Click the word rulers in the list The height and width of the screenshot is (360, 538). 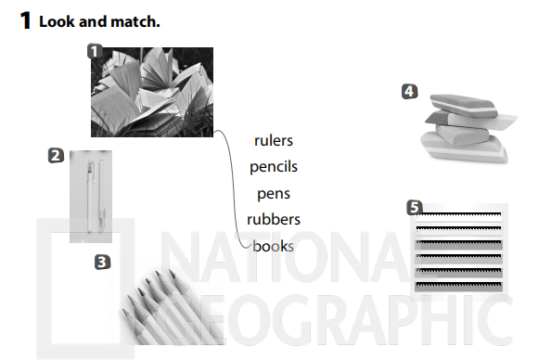click(274, 141)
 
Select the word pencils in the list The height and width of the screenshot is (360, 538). click(274, 167)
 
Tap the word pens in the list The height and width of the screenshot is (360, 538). click(274, 194)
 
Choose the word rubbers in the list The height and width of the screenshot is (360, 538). click(274, 220)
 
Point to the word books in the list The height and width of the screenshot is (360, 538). click(273, 246)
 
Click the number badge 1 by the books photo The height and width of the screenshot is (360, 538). click(95, 51)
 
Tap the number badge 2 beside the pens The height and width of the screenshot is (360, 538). click(56, 155)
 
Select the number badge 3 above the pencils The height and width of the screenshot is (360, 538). click(102, 263)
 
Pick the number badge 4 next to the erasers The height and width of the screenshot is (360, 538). click(410, 92)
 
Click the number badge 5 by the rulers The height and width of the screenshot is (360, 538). click(415, 208)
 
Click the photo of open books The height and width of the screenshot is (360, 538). click(152, 92)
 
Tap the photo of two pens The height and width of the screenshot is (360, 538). click(91, 197)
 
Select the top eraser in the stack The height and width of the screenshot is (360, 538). click(463, 105)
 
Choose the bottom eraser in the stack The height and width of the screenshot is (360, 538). click(464, 148)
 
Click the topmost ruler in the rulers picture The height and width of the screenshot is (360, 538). click(458, 216)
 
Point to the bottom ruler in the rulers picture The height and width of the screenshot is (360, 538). click(458, 286)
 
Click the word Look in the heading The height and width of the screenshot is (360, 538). click(57, 21)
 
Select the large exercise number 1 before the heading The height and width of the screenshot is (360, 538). click(25, 20)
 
